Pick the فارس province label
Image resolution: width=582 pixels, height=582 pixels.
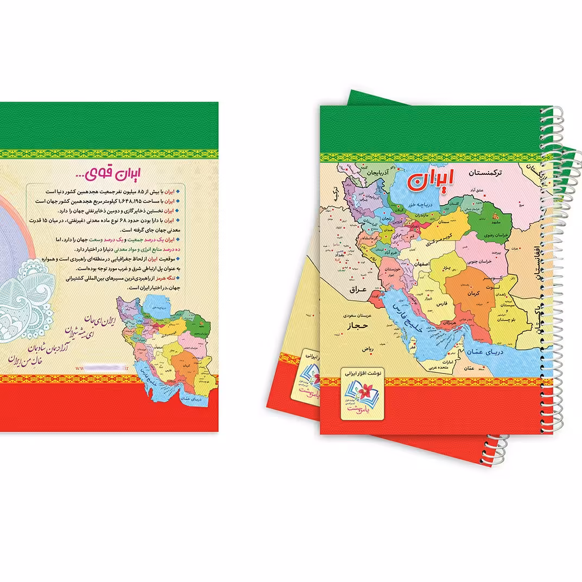[x=441, y=305]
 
